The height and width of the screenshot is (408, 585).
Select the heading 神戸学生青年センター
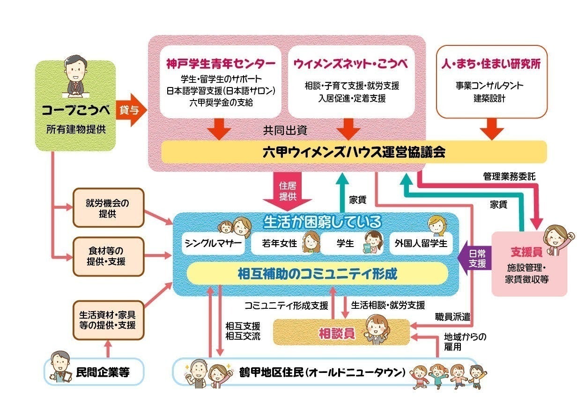(221, 64)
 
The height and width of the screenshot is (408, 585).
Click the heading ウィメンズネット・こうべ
(351, 64)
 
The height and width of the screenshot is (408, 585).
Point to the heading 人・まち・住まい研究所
(491, 64)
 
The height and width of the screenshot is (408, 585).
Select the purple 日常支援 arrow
(474, 258)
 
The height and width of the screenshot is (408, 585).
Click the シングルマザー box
(213, 243)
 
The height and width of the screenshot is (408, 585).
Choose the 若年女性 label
(279, 244)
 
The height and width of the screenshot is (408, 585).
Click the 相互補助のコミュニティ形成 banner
(317, 274)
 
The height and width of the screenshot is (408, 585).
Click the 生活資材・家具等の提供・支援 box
(107, 320)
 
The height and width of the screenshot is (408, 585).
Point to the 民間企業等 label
(102, 372)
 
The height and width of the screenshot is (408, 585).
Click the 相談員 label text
(336, 333)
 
